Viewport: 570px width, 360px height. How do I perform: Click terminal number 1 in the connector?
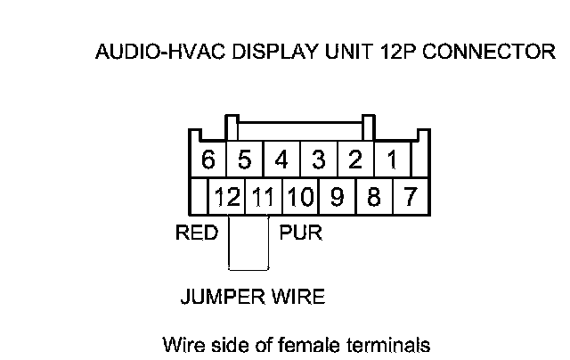[x=391, y=160]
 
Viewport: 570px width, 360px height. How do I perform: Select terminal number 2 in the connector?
[x=354, y=160]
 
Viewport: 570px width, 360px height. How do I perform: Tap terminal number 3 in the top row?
[x=318, y=160]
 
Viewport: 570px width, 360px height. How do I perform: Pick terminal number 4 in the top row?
[x=281, y=160]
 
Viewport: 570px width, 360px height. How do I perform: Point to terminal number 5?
[x=245, y=160]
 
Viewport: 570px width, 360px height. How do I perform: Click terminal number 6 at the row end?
[x=208, y=160]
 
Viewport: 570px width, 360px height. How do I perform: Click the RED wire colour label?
[x=197, y=234]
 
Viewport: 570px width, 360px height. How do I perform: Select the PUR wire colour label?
[x=301, y=234]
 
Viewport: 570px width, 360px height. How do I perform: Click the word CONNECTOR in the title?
[x=488, y=52]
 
